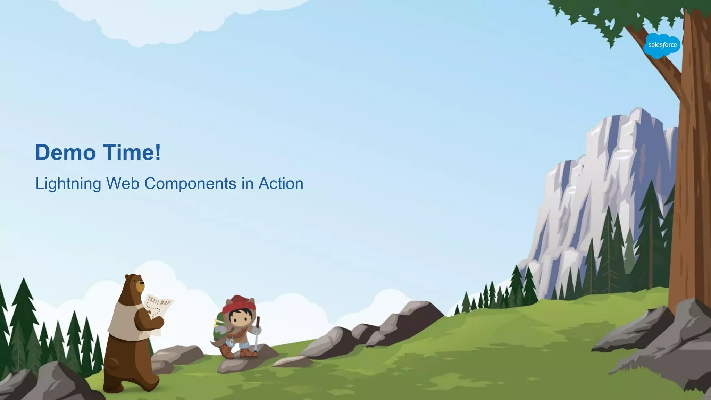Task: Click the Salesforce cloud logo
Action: (662, 45)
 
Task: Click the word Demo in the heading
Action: (65, 152)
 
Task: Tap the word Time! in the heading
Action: (132, 152)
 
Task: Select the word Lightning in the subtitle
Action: (68, 184)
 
